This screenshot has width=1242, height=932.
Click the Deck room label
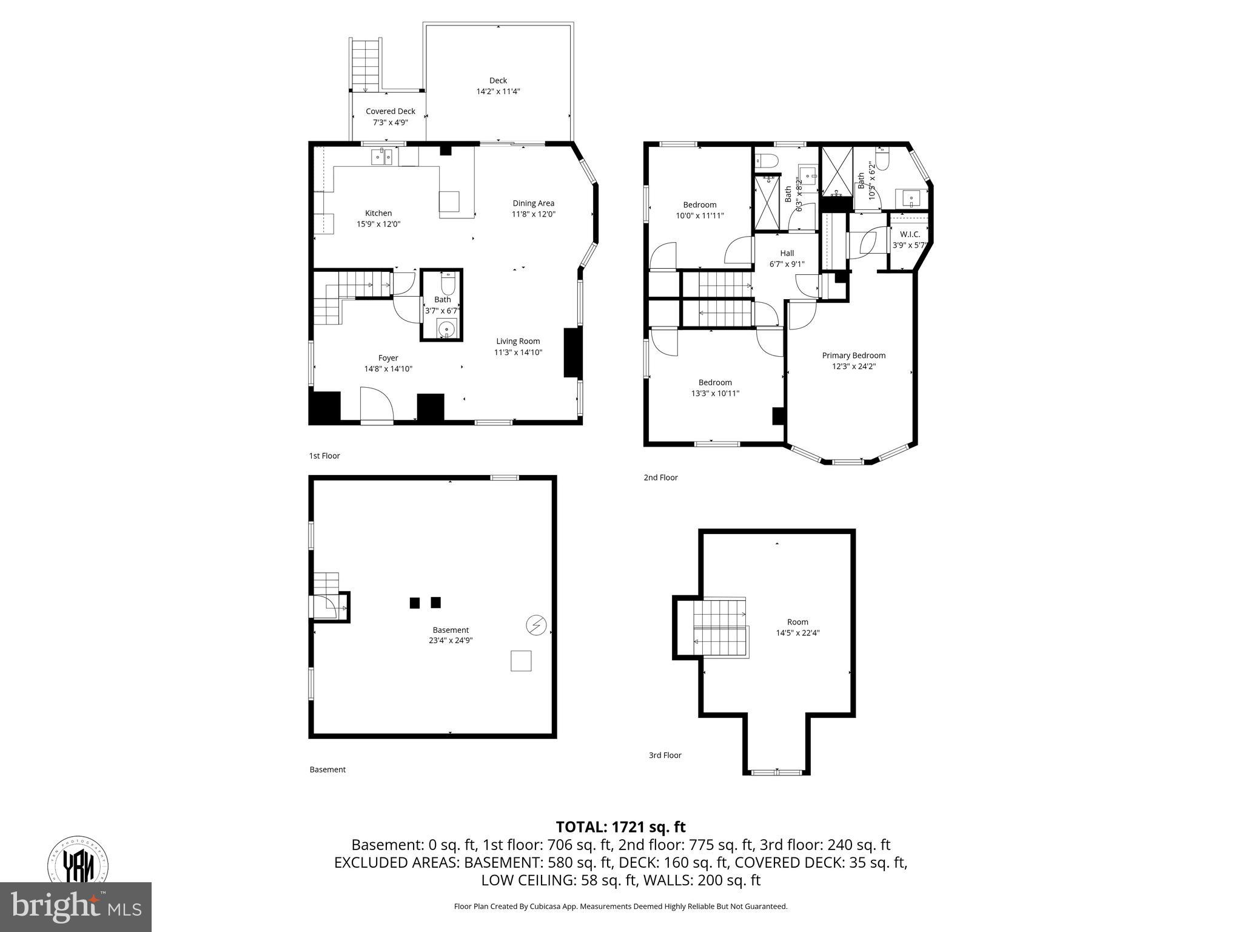498,80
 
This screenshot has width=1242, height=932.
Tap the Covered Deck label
390,112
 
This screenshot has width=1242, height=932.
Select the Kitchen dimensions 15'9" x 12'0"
378,224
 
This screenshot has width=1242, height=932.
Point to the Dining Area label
533,203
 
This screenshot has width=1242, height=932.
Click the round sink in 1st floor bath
447,329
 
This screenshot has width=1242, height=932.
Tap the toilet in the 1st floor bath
448,284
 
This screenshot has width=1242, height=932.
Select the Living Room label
518,341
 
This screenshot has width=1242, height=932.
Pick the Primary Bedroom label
853,356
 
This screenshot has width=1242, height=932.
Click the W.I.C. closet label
910,234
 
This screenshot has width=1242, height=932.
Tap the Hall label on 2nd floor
787,253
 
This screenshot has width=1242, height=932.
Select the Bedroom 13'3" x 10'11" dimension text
715,393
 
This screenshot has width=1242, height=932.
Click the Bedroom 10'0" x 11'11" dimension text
700,215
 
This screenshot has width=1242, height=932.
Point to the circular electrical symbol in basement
536,625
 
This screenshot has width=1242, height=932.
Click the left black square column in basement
415,603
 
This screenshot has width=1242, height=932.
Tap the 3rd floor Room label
797,621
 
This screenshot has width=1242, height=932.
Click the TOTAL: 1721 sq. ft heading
620,826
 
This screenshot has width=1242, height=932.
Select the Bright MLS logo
76,907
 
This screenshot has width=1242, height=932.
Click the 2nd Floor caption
660,478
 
